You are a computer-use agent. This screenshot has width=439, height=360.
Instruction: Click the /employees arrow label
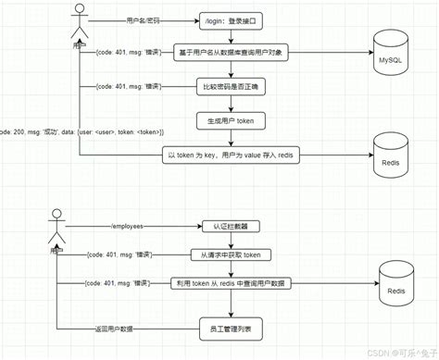click(131, 226)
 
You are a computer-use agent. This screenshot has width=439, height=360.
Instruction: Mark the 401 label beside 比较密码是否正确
click(128, 87)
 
